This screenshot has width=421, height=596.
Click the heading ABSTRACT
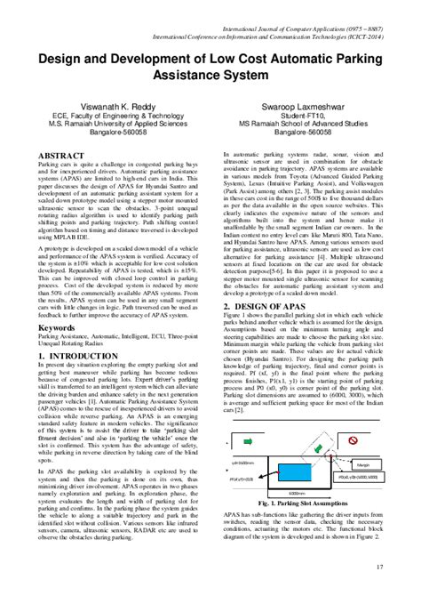pyautogui.click(x=61, y=155)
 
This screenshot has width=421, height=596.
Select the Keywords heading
pyautogui.click(x=57, y=327)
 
